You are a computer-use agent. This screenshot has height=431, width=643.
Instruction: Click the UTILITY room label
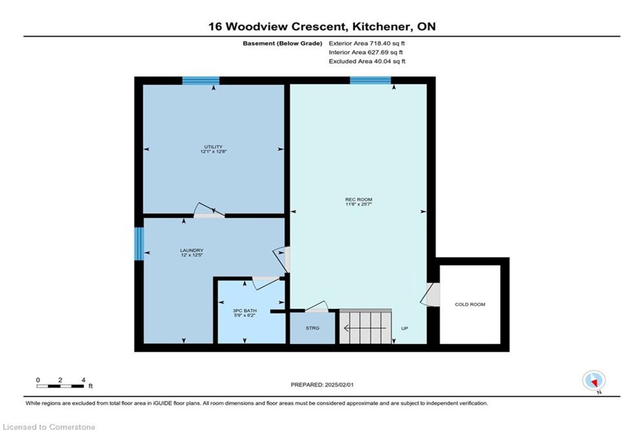point(213,147)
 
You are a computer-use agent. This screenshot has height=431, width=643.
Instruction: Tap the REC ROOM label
point(358,199)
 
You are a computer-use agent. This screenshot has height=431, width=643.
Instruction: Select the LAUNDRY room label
point(191,251)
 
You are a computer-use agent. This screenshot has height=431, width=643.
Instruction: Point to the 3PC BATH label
point(244,311)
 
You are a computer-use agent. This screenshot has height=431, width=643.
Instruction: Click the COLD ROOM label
point(470,304)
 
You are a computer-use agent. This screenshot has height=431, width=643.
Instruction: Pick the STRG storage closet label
point(312,328)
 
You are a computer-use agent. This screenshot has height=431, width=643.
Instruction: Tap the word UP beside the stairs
point(405,328)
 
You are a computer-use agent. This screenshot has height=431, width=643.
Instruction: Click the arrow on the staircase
point(365,328)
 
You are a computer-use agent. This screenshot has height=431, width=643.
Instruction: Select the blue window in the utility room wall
point(201,81)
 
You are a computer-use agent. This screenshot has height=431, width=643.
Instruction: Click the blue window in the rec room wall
point(370,80)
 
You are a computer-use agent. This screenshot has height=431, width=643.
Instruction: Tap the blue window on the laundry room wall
point(139,244)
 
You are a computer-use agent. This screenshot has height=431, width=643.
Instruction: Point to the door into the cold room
point(430,294)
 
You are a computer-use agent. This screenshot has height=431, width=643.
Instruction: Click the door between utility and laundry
point(210,211)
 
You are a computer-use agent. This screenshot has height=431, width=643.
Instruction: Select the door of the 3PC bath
point(266,283)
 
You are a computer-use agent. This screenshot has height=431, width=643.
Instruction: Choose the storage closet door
point(316,306)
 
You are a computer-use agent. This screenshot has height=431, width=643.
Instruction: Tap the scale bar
point(60,386)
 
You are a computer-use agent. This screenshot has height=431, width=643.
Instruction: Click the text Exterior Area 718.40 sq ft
point(367,43)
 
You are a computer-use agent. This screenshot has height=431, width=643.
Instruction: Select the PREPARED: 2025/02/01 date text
point(322,384)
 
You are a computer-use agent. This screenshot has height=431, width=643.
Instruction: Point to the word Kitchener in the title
point(383,27)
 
